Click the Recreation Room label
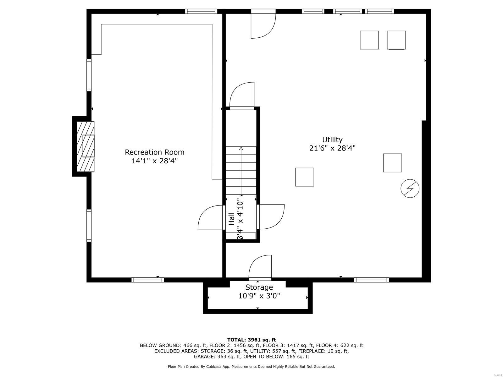(x=154, y=152)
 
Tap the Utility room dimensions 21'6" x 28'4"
(x=332, y=148)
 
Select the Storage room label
(x=259, y=287)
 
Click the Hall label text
(x=231, y=219)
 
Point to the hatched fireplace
(x=86, y=146)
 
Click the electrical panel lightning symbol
(x=410, y=188)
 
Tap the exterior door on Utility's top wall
(x=263, y=25)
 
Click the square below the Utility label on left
(x=304, y=177)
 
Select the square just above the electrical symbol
(x=392, y=163)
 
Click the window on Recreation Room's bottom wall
(x=148, y=280)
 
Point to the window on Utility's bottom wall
(x=371, y=280)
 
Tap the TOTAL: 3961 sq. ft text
(x=251, y=340)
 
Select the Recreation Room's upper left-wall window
(x=89, y=75)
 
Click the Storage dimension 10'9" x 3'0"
(x=259, y=296)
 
